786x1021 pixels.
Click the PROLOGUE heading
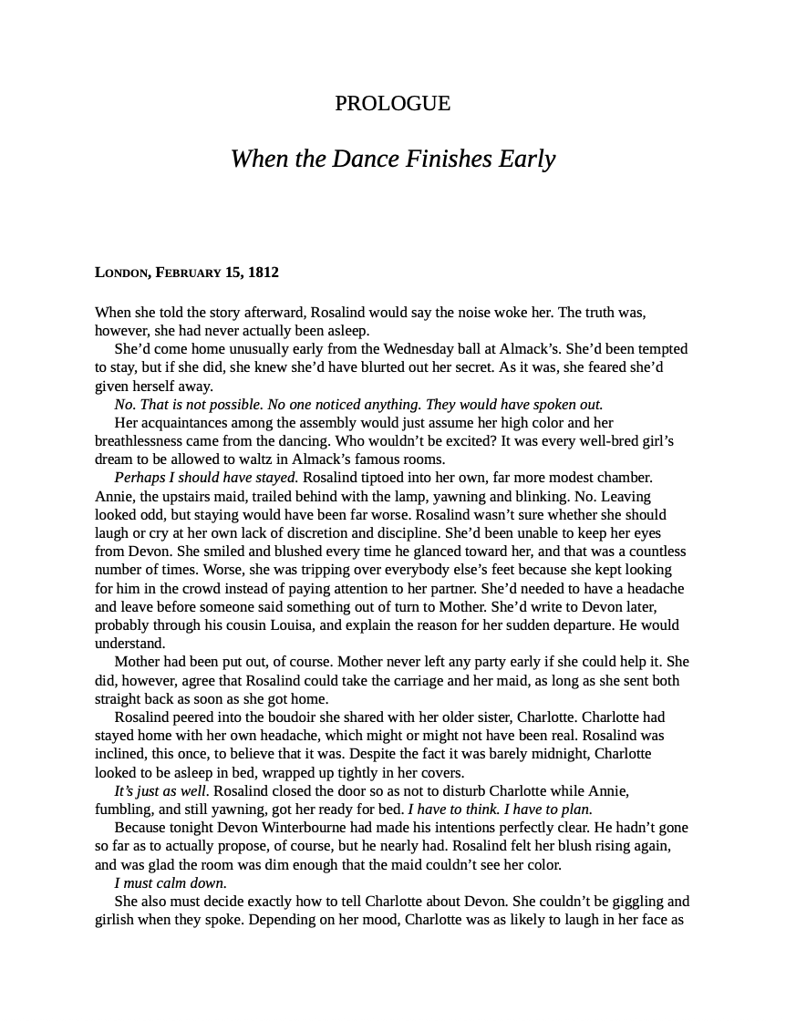point(392,104)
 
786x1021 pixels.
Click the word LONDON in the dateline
point(122,273)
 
